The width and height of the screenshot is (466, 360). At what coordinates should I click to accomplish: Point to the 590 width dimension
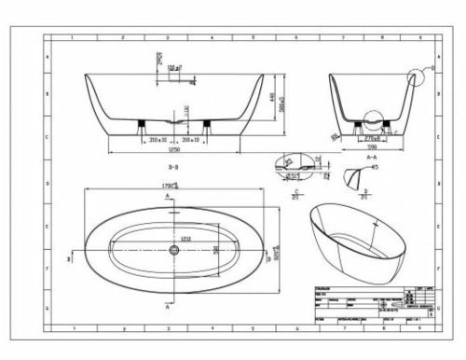pyautogui.click(x=365, y=146)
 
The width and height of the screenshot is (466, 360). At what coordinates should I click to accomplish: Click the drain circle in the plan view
pyautogui.click(x=172, y=248)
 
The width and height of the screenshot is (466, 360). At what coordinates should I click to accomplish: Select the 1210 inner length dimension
pyautogui.click(x=186, y=239)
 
